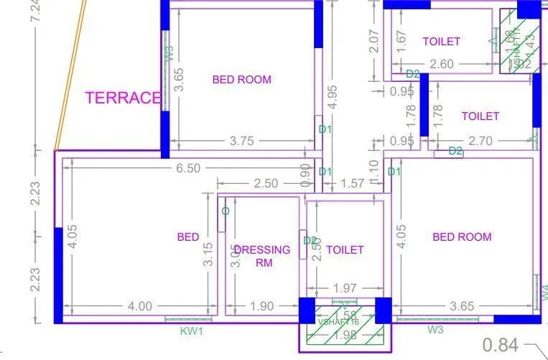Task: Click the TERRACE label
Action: (122, 98)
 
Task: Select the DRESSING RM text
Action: (262, 256)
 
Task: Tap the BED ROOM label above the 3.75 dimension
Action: (241, 80)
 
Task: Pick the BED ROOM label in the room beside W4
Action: (462, 237)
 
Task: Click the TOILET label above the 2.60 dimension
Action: (441, 42)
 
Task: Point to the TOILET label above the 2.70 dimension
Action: (480, 116)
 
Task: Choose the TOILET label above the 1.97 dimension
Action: (345, 250)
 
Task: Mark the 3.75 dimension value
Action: (241, 141)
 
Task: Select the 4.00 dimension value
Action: (139, 306)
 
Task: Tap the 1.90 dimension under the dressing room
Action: (262, 306)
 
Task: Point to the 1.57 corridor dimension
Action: (351, 184)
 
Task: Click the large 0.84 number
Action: (500, 345)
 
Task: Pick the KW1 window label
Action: (192, 331)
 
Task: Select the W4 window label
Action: (544, 292)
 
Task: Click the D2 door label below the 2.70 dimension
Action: (455, 151)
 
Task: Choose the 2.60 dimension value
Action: (441, 65)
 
